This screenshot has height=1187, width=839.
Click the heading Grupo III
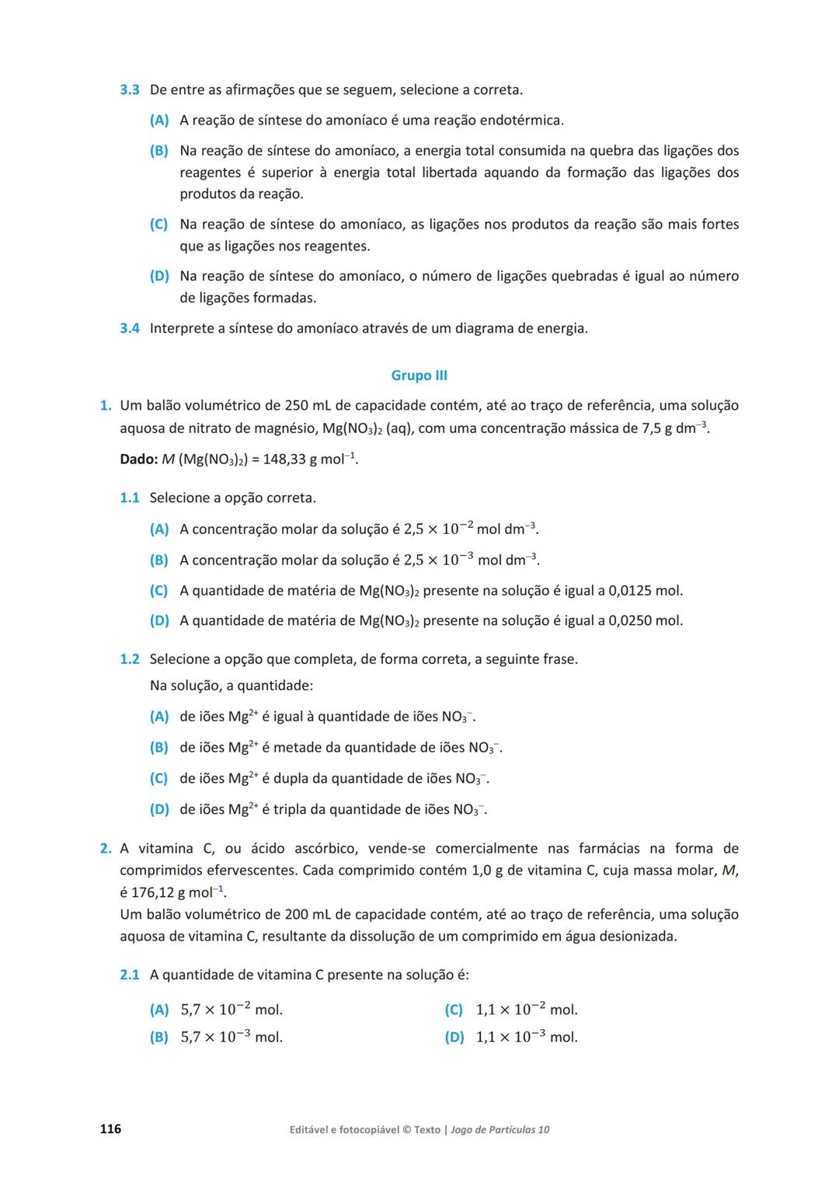click(419, 375)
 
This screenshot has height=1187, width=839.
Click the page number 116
click(110, 1129)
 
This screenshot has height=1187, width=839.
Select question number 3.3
click(130, 90)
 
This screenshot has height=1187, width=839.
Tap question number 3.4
click(130, 328)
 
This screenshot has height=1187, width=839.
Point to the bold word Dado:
click(139, 459)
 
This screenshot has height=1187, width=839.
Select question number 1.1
click(130, 498)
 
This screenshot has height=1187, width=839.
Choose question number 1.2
click(130, 659)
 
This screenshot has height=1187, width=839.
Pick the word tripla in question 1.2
click(290, 810)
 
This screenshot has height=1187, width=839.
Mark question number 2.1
click(130, 975)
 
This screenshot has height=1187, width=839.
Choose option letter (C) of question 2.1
click(454, 1010)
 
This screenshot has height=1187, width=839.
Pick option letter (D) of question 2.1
click(454, 1037)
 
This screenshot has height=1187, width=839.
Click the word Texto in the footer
click(427, 1129)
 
